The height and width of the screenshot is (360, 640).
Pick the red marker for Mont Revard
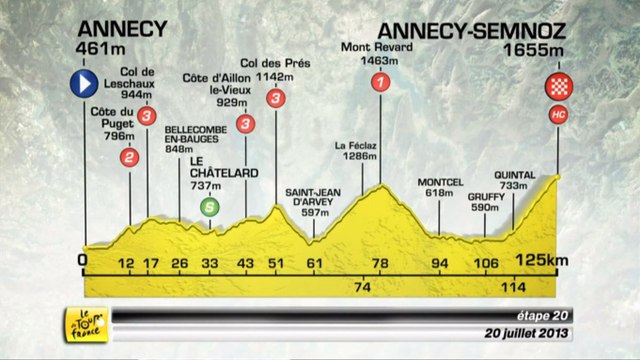tap(378, 85)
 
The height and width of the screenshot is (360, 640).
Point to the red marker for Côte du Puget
tap(129, 157)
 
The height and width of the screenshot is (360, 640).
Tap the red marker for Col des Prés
tap(275, 97)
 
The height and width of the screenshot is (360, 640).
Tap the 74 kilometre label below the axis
tap(362, 287)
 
